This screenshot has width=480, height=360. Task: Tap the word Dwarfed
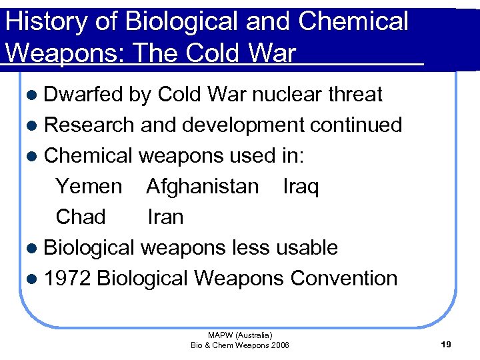pos(83,95)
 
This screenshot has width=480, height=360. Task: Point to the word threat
pos(355,95)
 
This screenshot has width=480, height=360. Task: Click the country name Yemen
pos(89,187)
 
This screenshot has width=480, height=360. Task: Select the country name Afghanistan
pos(202,187)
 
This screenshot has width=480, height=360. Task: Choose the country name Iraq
pos(301,187)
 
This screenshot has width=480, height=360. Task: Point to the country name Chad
pos(81,217)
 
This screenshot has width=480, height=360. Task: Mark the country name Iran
pos(165,217)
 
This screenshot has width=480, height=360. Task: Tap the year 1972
pos(67,279)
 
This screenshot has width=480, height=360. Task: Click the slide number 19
pos(446,345)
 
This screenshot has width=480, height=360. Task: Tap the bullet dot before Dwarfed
pos(34,95)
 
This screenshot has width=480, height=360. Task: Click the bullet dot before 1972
pos(34,279)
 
